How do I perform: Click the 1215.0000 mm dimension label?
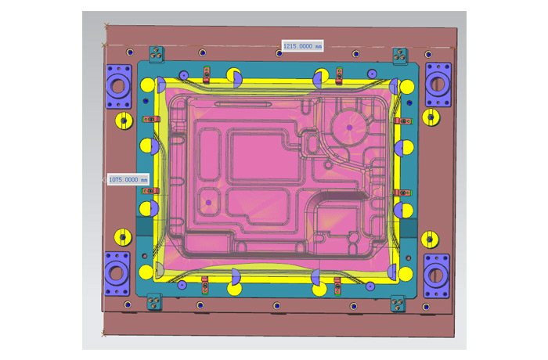coord(303,46)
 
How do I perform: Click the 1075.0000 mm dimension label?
coord(128,179)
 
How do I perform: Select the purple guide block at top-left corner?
coord(119,86)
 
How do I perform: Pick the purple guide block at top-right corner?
coord(438,85)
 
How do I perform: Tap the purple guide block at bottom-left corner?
coord(117,274)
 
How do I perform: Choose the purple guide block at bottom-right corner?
coord(437,276)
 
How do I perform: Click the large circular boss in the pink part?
coord(349,128)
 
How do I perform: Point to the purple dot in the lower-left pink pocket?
coord(209,203)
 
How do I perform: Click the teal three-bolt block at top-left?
coord(157,55)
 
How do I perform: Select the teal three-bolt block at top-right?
coord(400,56)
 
